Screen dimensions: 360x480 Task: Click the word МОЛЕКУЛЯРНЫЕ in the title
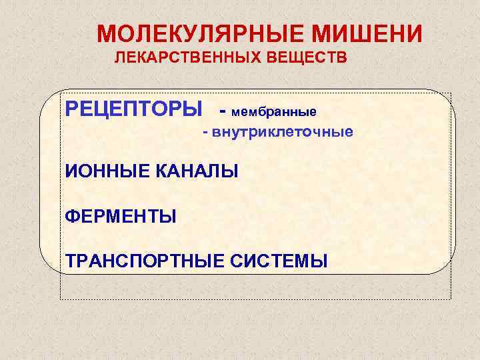click(x=195, y=34)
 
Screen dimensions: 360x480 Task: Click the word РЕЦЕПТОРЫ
click(x=133, y=107)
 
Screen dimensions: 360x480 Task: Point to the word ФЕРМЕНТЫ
click(x=121, y=216)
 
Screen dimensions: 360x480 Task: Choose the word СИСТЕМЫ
click(x=279, y=260)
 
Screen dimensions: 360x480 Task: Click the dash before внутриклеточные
click(x=207, y=133)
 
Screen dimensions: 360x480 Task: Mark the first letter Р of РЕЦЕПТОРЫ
click(x=72, y=107)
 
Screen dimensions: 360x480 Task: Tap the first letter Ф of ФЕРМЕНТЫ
click(x=73, y=216)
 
